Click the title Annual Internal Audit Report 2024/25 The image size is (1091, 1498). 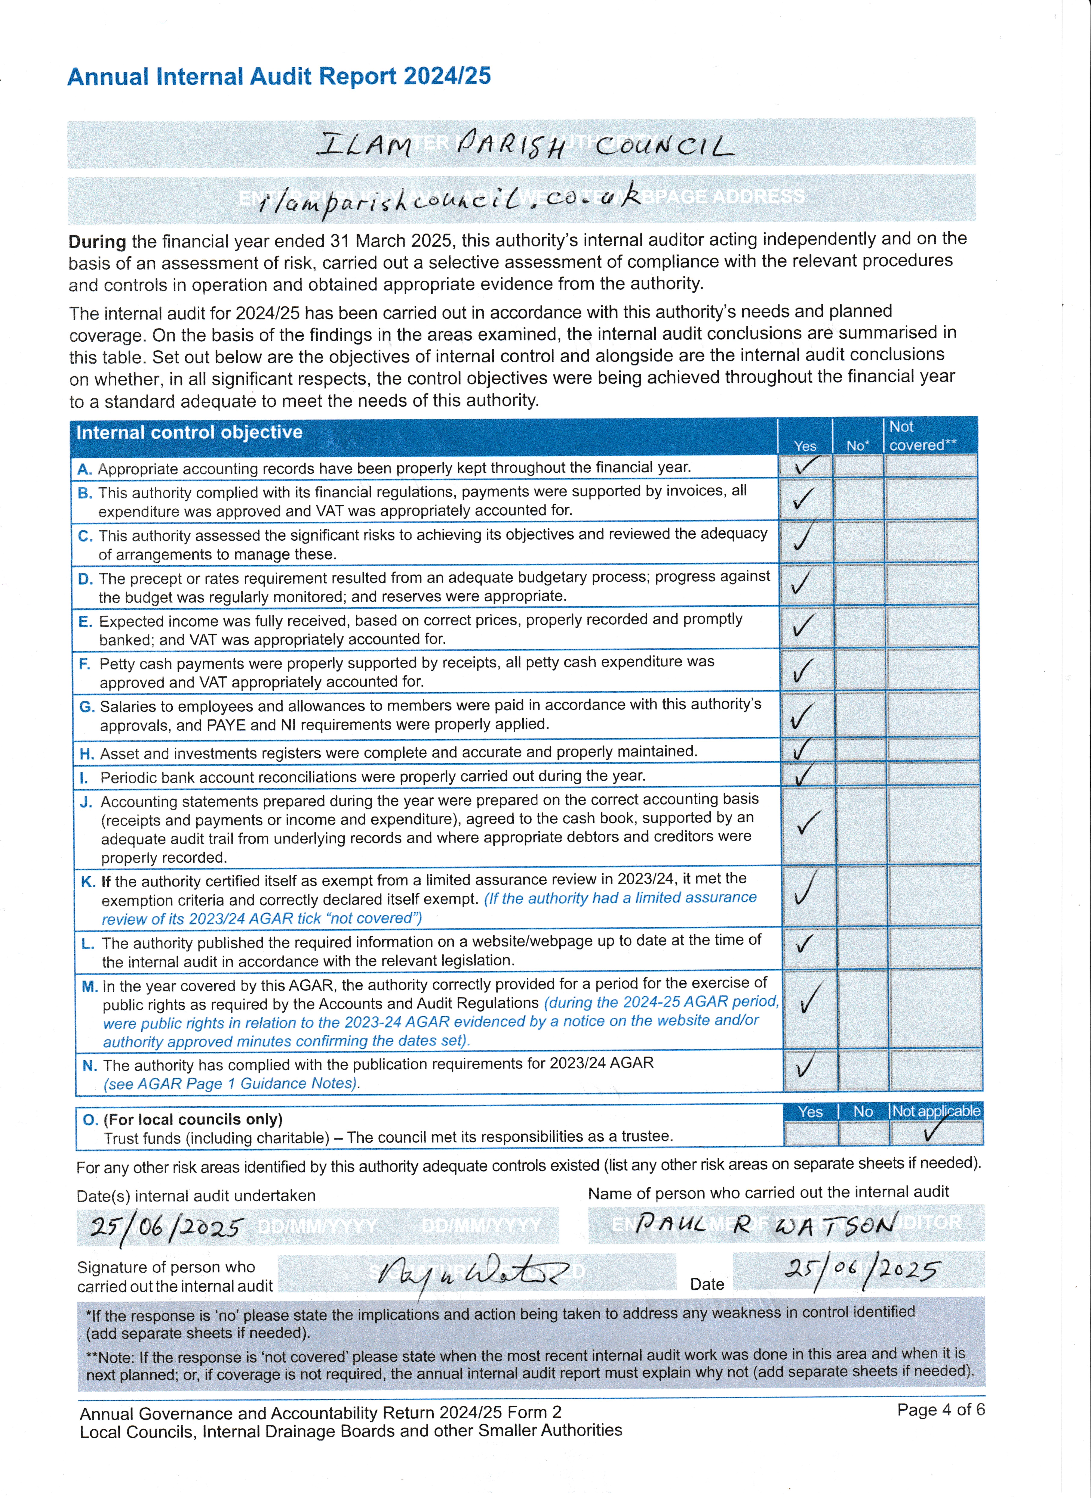click(279, 77)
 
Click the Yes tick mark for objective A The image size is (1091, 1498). click(805, 466)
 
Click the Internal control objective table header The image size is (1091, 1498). click(190, 433)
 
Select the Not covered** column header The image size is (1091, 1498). click(922, 436)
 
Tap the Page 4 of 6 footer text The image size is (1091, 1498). click(940, 1410)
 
